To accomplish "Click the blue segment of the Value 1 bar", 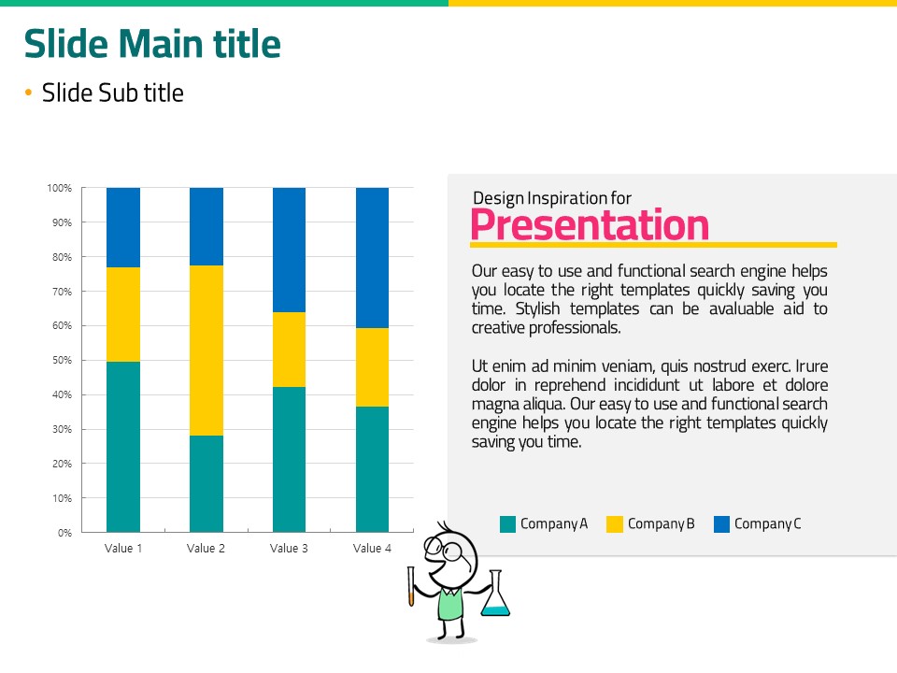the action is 123,227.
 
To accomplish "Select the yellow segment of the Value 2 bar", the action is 206,351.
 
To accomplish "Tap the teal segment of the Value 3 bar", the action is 289,460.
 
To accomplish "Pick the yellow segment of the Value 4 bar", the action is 373,367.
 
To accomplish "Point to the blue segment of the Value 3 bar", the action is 289,251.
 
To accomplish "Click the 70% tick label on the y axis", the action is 63,292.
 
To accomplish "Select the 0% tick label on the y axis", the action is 64,533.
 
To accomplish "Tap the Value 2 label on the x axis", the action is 206,549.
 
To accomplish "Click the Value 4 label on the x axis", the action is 373,549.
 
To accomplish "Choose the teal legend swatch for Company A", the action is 507,524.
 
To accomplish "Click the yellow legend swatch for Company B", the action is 615,524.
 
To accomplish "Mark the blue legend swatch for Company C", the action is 721,524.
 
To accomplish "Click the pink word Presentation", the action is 590,224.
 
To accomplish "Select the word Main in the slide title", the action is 161,44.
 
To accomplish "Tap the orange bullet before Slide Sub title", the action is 29,93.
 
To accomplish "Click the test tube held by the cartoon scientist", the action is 411,586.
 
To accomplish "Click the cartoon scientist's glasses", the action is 443,549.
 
